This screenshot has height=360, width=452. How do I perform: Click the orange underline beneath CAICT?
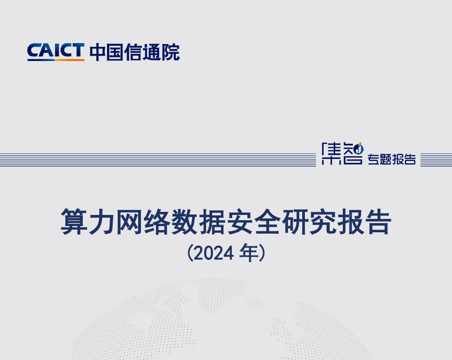[x=55, y=59]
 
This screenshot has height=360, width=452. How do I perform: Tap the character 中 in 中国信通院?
[x=98, y=52]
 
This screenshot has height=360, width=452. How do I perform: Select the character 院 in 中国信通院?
[x=171, y=52]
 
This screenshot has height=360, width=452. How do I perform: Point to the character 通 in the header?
[x=153, y=52]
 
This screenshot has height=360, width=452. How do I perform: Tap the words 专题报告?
[x=392, y=159]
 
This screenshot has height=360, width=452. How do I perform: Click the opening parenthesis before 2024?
[x=190, y=254]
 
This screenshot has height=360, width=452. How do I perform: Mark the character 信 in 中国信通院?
[x=134, y=52]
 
